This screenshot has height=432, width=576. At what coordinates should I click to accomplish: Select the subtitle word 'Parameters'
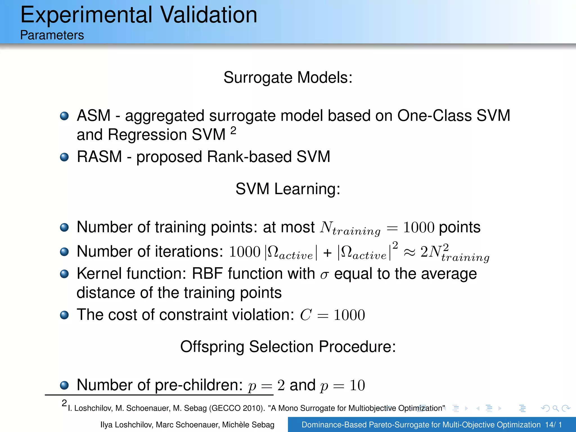coord(52,35)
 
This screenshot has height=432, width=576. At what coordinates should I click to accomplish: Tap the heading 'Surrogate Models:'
coord(288,77)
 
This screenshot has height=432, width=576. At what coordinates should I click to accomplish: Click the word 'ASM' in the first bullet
coord(94,116)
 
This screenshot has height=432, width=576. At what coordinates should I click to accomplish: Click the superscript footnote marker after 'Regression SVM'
coord(233,130)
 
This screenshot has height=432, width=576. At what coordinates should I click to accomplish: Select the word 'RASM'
coord(99,157)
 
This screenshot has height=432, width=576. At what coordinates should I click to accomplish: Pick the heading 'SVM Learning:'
coord(288,189)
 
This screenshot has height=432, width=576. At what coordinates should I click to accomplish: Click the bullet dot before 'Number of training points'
coord(64,227)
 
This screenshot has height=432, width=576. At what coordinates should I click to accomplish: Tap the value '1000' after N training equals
coord(418,227)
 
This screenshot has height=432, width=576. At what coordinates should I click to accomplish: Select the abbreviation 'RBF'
coord(208,274)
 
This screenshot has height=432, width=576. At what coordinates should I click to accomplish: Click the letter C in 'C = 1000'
coord(306,315)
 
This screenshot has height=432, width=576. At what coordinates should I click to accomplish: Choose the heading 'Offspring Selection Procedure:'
coord(288,346)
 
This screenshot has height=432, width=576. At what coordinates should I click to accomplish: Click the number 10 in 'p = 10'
coord(357,385)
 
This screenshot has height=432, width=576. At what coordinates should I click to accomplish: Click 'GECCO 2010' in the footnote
coord(237,408)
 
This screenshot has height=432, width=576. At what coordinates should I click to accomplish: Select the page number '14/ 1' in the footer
coord(553,425)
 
